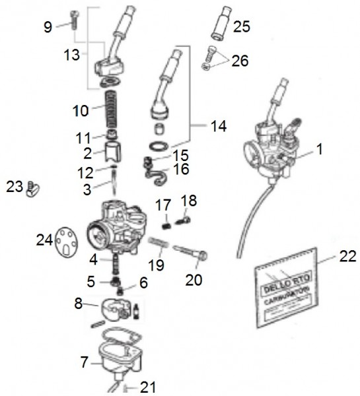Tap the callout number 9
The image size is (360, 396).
[x=48, y=27]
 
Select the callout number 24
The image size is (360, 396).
[x=44, y=242]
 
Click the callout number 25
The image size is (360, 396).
[x=242, y=27]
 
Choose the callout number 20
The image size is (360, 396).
[x=194, y=280]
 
